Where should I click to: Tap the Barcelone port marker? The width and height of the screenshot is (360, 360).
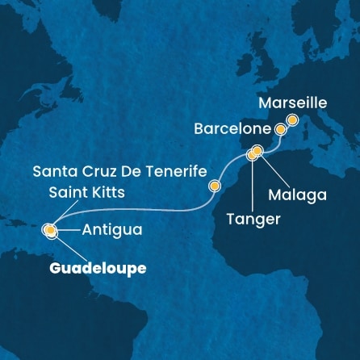280,129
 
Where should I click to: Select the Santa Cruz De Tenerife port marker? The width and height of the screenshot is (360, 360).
215,186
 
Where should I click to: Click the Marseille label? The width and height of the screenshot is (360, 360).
294,103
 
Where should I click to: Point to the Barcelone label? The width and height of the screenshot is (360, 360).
232,128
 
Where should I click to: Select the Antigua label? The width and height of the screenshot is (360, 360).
112,230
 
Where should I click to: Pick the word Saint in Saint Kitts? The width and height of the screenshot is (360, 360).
69,193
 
